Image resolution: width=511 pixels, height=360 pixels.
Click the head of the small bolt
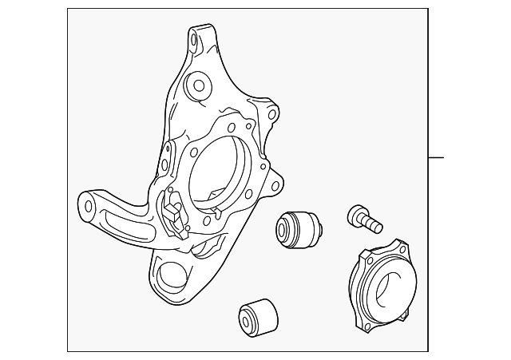click(x=355, y=213)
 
